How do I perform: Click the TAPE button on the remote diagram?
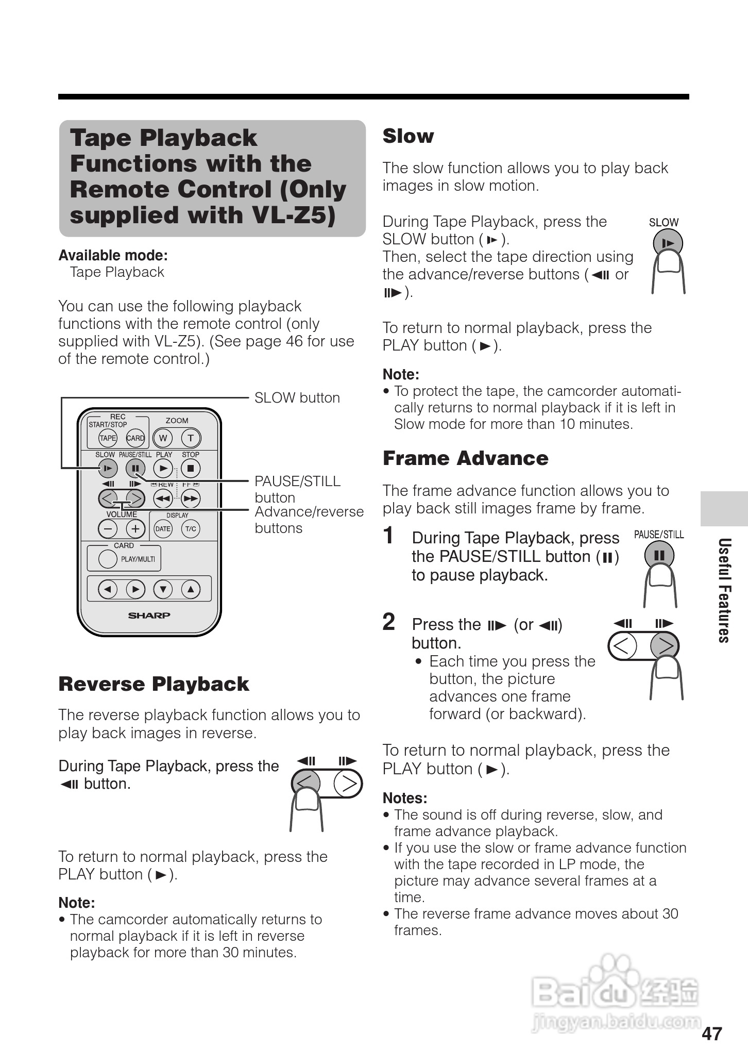[108, 438]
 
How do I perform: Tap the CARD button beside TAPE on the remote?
[135, 438]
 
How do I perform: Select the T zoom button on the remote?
[191, 438]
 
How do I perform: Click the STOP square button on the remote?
[191, 468]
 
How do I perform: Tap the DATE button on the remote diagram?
[163, 528]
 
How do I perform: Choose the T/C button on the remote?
[191, 528]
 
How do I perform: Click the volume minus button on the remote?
[108, 528]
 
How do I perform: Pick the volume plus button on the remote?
[135, 528]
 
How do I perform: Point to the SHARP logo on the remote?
[149, 615]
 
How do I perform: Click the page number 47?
[712, 1034]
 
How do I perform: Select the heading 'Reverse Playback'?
[154, 684]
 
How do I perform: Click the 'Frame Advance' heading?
[465, 458]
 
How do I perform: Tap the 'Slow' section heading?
[408, 136]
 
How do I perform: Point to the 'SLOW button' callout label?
[297, 398]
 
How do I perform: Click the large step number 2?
[389, 622]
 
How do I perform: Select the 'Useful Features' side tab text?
[724, 590]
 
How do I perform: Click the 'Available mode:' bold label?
[113, 256]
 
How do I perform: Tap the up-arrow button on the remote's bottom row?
[191, 589]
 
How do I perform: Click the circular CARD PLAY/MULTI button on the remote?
[108, 559]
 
